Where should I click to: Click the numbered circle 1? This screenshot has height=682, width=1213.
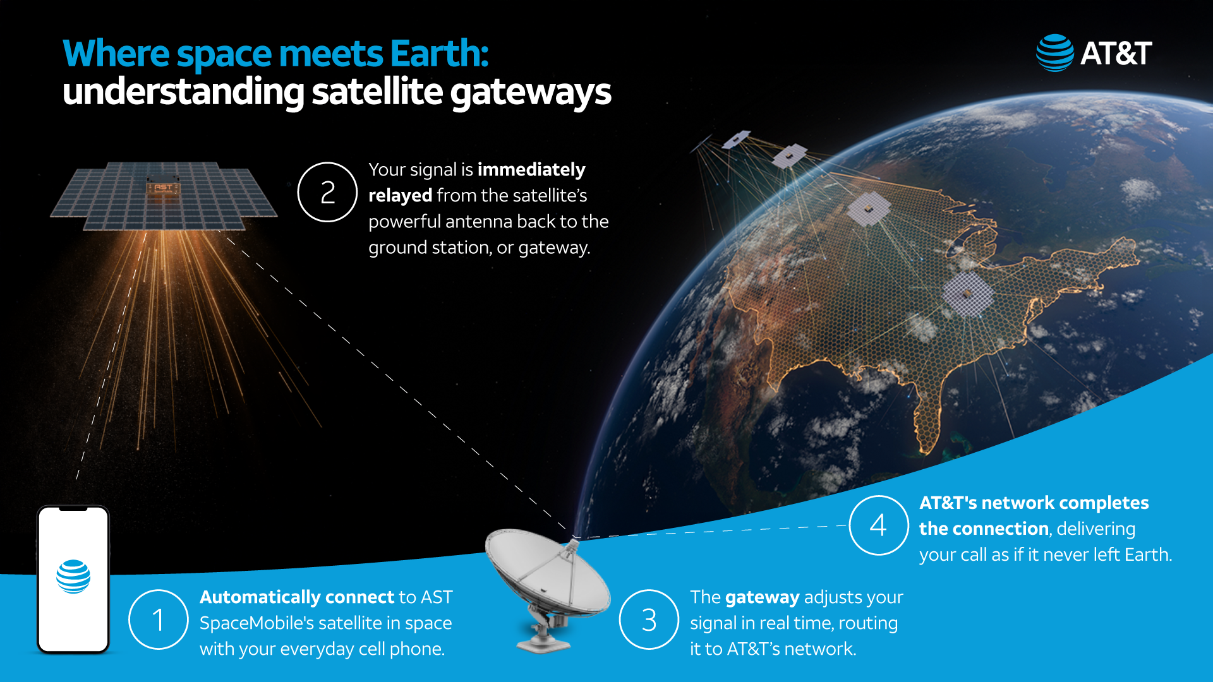coord(158,619)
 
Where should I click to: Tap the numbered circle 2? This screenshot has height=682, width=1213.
coord(327,192)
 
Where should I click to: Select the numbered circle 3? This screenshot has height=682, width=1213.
coord(649,619)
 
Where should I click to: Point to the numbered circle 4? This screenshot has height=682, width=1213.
coord(878,525)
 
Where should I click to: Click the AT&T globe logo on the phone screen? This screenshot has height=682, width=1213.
coord(73,577)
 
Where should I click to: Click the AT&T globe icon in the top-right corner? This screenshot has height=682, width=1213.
coord(1054,53)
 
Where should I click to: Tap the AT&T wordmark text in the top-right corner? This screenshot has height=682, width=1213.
coord(1116,54)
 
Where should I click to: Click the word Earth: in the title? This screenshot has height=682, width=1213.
coord(439,54)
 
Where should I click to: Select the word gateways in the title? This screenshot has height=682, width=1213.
coord(531,93)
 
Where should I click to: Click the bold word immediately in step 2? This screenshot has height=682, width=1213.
coord(531,170)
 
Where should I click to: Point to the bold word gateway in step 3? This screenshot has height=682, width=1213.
coord(763,597)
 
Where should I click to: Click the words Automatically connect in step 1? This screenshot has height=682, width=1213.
coord(297,597)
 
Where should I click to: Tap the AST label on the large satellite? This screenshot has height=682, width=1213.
coord(163,188)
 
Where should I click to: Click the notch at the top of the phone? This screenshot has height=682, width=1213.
coord(73,509)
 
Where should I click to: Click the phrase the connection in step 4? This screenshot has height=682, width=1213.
coord(984,529)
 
